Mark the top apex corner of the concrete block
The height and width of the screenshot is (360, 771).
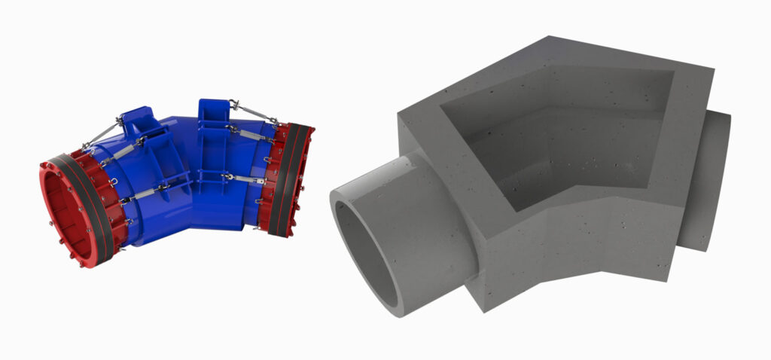tap(548, 37)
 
